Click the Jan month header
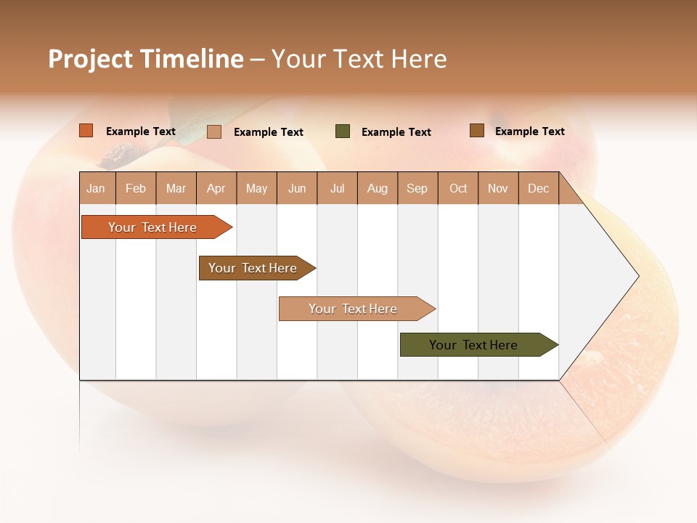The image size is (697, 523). [96, 188]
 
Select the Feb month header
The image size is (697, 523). [136, 188]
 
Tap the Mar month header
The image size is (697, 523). [176, 188]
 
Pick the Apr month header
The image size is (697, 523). [216, 188]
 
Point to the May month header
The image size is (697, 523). [256, 188]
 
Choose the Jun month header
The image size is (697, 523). [297, 188]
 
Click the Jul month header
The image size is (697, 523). [337, 188]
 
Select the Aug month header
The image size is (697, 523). [378, 188]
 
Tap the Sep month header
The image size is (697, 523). [417, 188]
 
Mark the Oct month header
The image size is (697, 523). [458, 188]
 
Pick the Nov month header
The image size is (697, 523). [498, 188]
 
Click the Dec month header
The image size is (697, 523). [539, 188]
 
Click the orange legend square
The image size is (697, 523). [86, 131]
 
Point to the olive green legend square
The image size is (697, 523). [343, 131]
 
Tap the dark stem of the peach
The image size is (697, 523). [121, 155]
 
